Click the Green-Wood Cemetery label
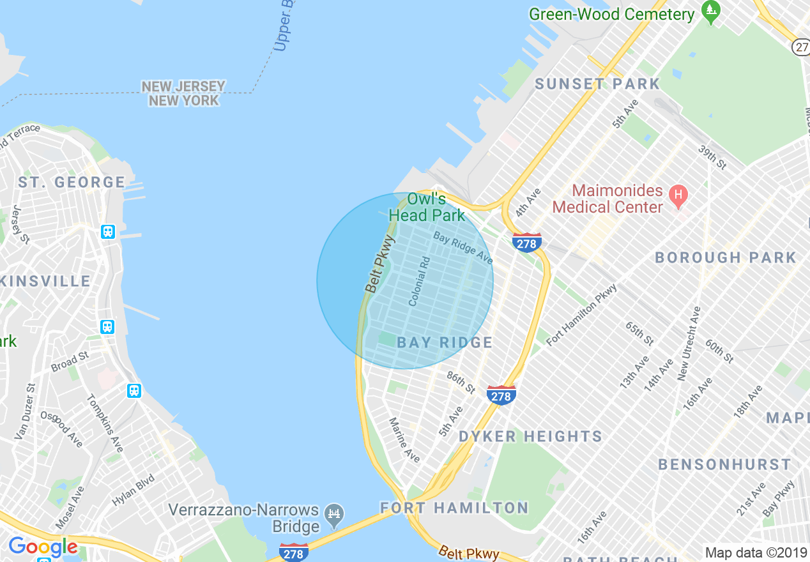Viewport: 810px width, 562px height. point(611,14)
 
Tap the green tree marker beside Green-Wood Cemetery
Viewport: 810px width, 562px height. point(710,10)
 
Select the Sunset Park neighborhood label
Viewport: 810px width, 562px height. point(597,84)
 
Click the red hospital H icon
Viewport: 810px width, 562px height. point(677,194)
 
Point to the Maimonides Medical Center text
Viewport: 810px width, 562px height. point(608,199)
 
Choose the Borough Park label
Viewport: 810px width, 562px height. point(726,257)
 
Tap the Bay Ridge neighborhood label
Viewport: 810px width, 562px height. point(445,342)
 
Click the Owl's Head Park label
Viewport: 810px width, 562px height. point(427,206)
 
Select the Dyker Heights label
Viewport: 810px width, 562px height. point(530,437)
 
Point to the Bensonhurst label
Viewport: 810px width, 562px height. point(724,464)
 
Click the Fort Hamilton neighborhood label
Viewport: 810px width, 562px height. point(454,508)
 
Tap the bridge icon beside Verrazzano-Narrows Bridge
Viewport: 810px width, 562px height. point(334,514)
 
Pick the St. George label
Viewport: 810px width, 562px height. point(72,183)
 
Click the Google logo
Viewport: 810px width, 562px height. point(43,547)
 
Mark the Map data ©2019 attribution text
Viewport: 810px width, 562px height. point(755,552)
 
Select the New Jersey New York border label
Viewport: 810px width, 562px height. point(183,93)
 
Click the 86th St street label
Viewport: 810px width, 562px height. point(461,383)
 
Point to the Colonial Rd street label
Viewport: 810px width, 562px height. point(419,281)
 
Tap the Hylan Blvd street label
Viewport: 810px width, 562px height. point(134,490)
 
